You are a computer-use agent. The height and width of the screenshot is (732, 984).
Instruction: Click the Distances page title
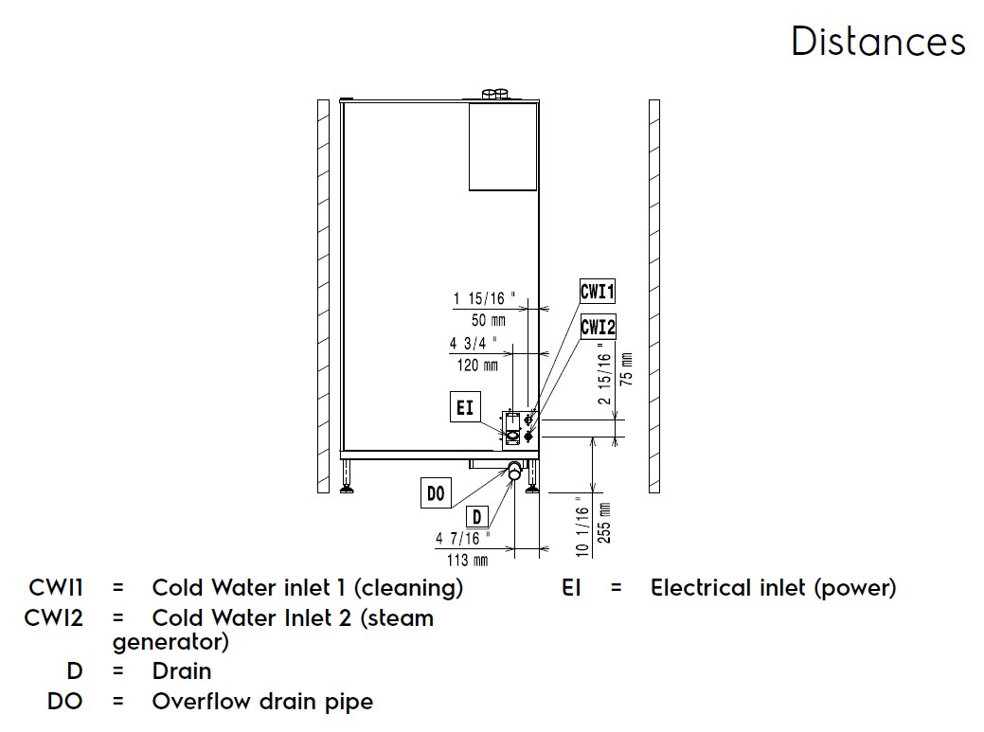coord(878,42)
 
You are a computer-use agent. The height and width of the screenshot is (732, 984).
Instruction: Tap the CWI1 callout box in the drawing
coord(598,292)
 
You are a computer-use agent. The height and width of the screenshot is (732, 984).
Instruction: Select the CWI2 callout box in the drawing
coord(598,328)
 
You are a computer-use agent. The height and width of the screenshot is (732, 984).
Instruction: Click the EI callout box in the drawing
coord(465,409)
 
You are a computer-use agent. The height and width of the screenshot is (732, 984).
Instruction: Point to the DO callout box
coord(436,492)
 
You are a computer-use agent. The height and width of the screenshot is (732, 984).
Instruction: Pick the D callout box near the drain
coord(479,517)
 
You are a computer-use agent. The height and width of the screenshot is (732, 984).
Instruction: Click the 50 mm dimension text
coord(489,320)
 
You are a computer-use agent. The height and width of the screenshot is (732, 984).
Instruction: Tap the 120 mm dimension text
coord(477,366)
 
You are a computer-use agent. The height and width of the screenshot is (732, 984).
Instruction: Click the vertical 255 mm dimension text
coord(604,524)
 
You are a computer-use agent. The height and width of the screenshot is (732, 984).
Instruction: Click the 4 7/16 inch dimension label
coord(463,539)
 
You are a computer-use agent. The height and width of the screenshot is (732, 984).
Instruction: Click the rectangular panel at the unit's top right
coord(503,147)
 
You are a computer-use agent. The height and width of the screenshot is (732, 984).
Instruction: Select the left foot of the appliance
coord(348,475)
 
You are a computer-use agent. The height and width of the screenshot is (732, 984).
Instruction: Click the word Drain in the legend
coord(182,671)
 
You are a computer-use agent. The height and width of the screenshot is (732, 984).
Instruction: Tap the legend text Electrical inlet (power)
coord(773,588)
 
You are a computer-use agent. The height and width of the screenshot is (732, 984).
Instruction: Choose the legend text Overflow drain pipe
coord(262,702)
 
